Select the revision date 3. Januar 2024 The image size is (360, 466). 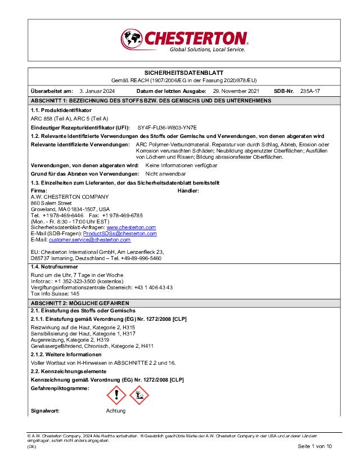[x=97, y=91]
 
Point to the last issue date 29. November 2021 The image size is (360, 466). [x=236, y=91]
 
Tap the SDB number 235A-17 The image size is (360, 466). [x=310, y=91]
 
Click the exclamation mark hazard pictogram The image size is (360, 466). [x=116, y=395]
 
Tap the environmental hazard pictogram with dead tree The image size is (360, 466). [x=139, y=395]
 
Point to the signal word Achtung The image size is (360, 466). [x=116, y=411]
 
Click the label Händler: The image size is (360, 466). [x=188, y=191]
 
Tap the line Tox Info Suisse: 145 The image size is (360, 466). [x=55, y=293]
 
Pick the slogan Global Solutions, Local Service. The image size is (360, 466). [x=208, y=50]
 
